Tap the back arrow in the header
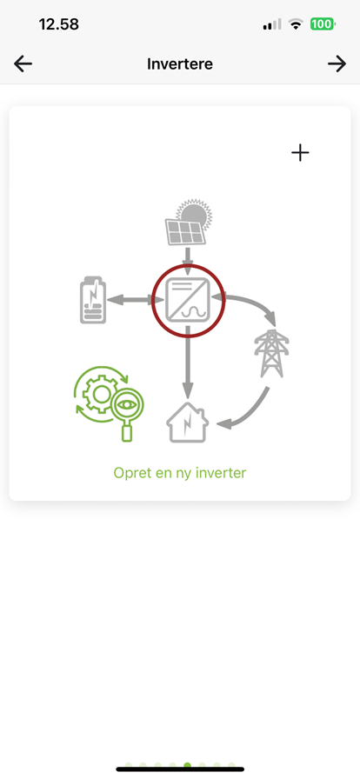point(23,64)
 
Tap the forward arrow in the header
point(337,64)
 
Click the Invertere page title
point(180,64)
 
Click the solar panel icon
point(185,232)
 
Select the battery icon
point(93,300)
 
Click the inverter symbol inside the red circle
point(188,301)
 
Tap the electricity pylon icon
point(271,354)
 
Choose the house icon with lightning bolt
point(187,423)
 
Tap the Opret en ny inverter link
point(180,472)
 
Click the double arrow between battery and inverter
point(136,300)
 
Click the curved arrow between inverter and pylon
point(254,302)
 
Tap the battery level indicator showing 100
point(323,23)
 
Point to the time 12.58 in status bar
point(58,23)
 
